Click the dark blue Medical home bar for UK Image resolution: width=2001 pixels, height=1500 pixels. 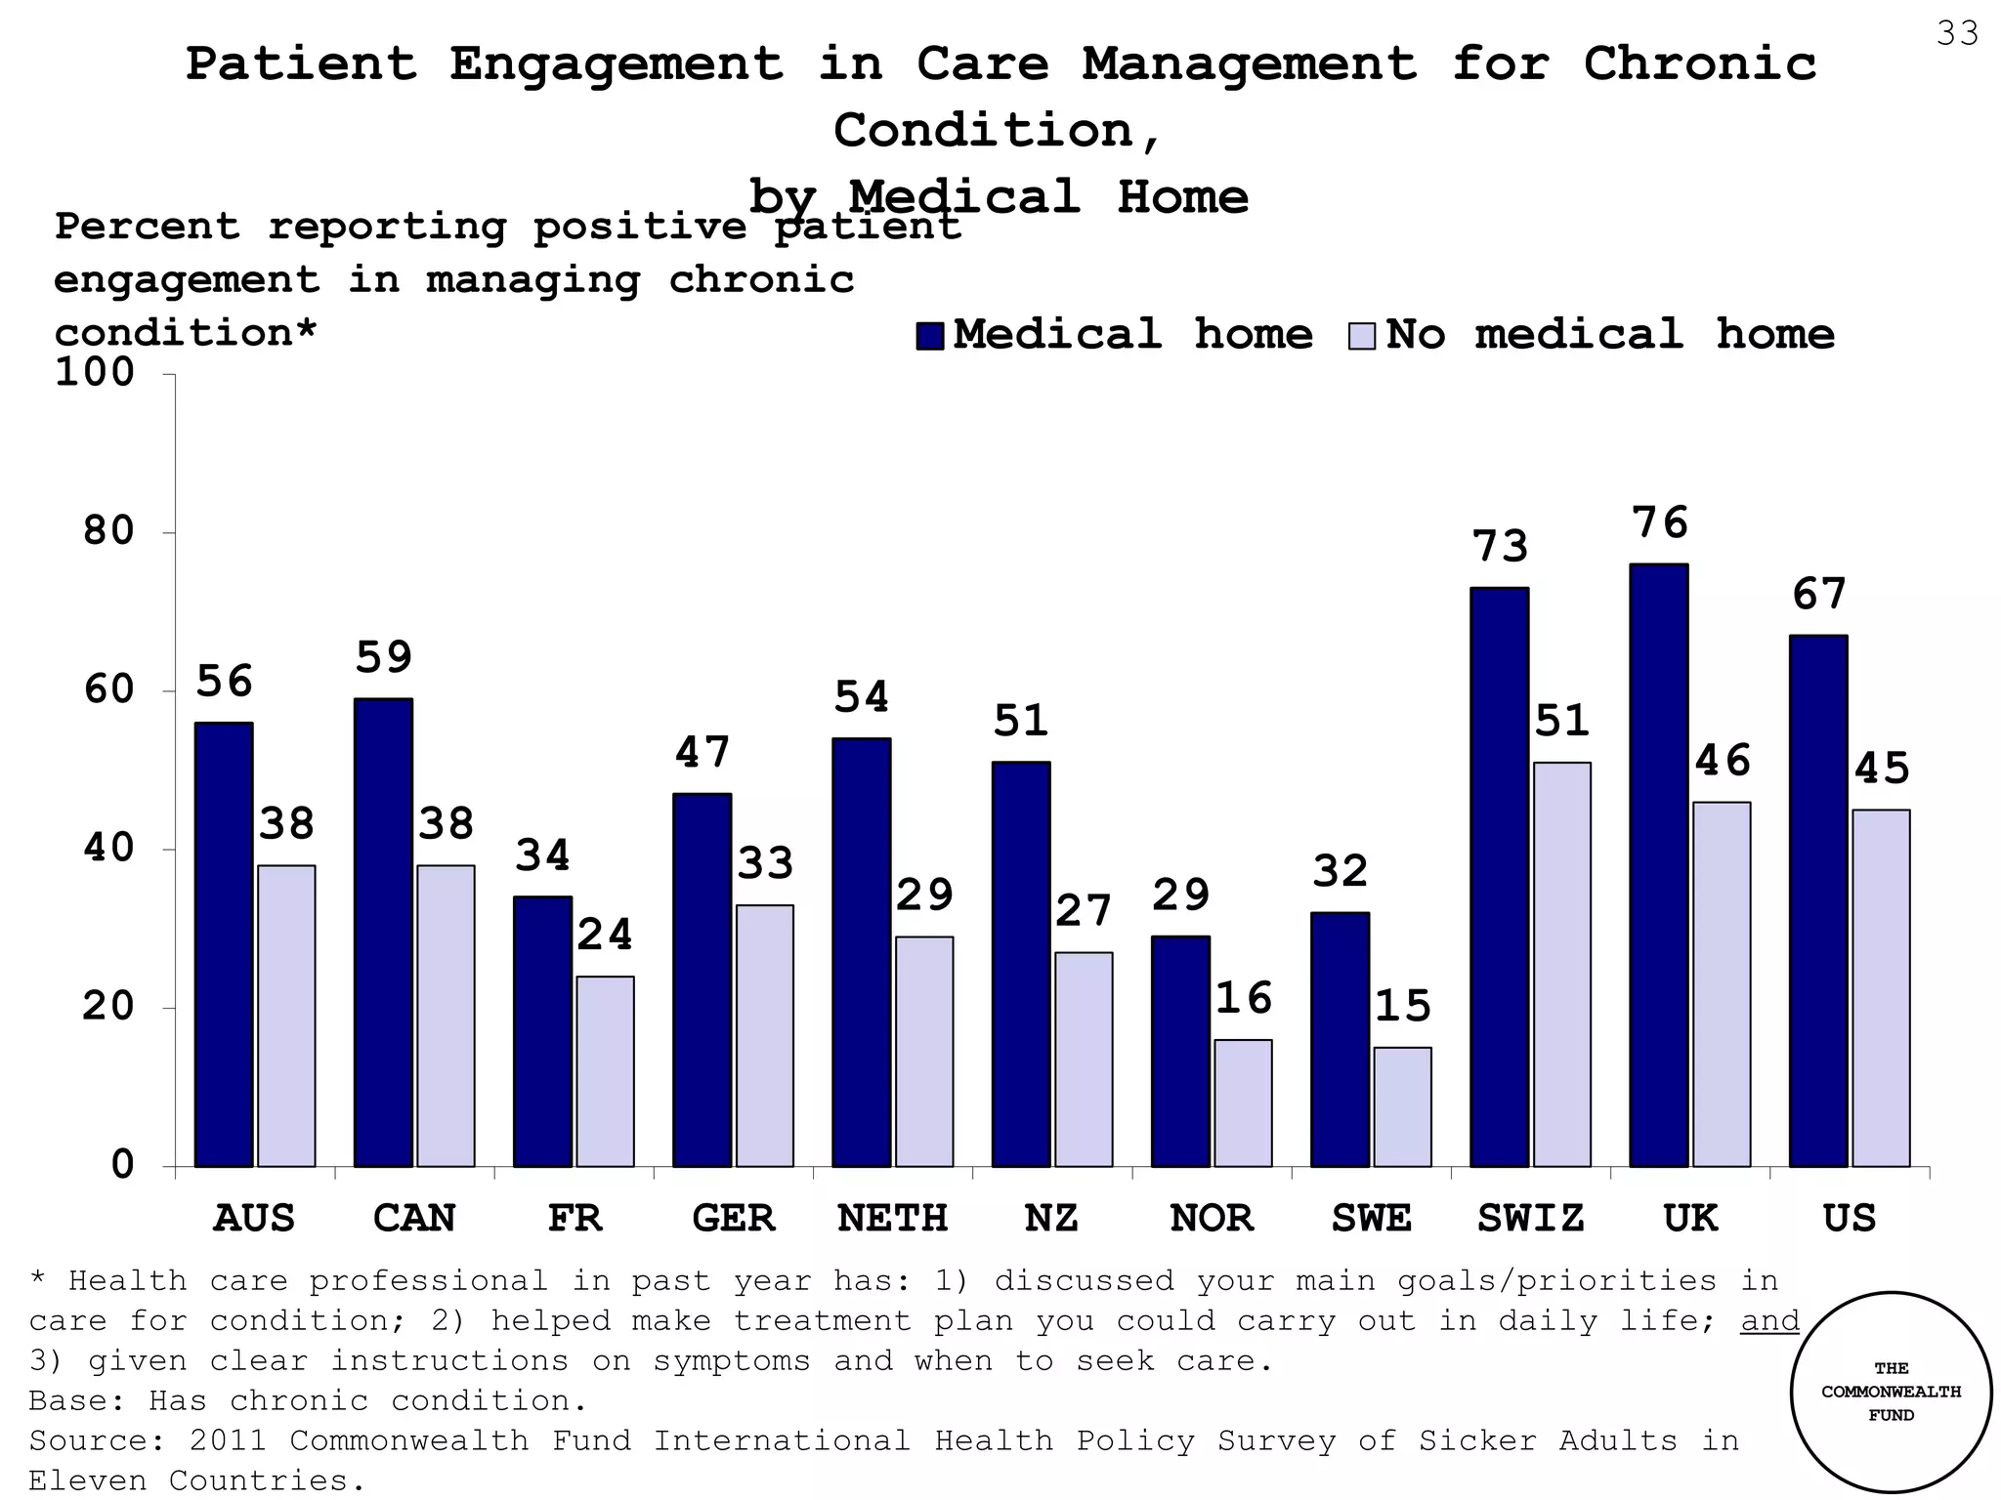1658,865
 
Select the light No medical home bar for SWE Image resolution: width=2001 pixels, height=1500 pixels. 1402,1106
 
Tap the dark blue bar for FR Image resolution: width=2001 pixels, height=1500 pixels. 542,1031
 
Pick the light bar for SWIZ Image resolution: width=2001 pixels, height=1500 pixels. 1561,964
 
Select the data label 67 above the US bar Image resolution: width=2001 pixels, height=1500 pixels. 1818,595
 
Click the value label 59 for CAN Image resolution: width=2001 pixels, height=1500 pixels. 383,658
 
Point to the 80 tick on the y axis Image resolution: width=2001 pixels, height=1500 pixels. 108,532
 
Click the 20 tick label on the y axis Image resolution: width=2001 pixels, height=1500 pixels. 108,1007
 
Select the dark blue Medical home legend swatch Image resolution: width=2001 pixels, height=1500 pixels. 929,336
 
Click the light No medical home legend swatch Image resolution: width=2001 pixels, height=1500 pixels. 1362,336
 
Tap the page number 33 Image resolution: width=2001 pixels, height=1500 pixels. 1957,34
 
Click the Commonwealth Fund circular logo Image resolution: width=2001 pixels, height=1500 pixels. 1891,1393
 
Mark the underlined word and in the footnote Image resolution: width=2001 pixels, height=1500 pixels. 1769,1321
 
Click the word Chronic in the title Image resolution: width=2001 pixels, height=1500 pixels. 1699,64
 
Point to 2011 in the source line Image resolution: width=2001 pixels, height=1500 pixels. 229,1441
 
